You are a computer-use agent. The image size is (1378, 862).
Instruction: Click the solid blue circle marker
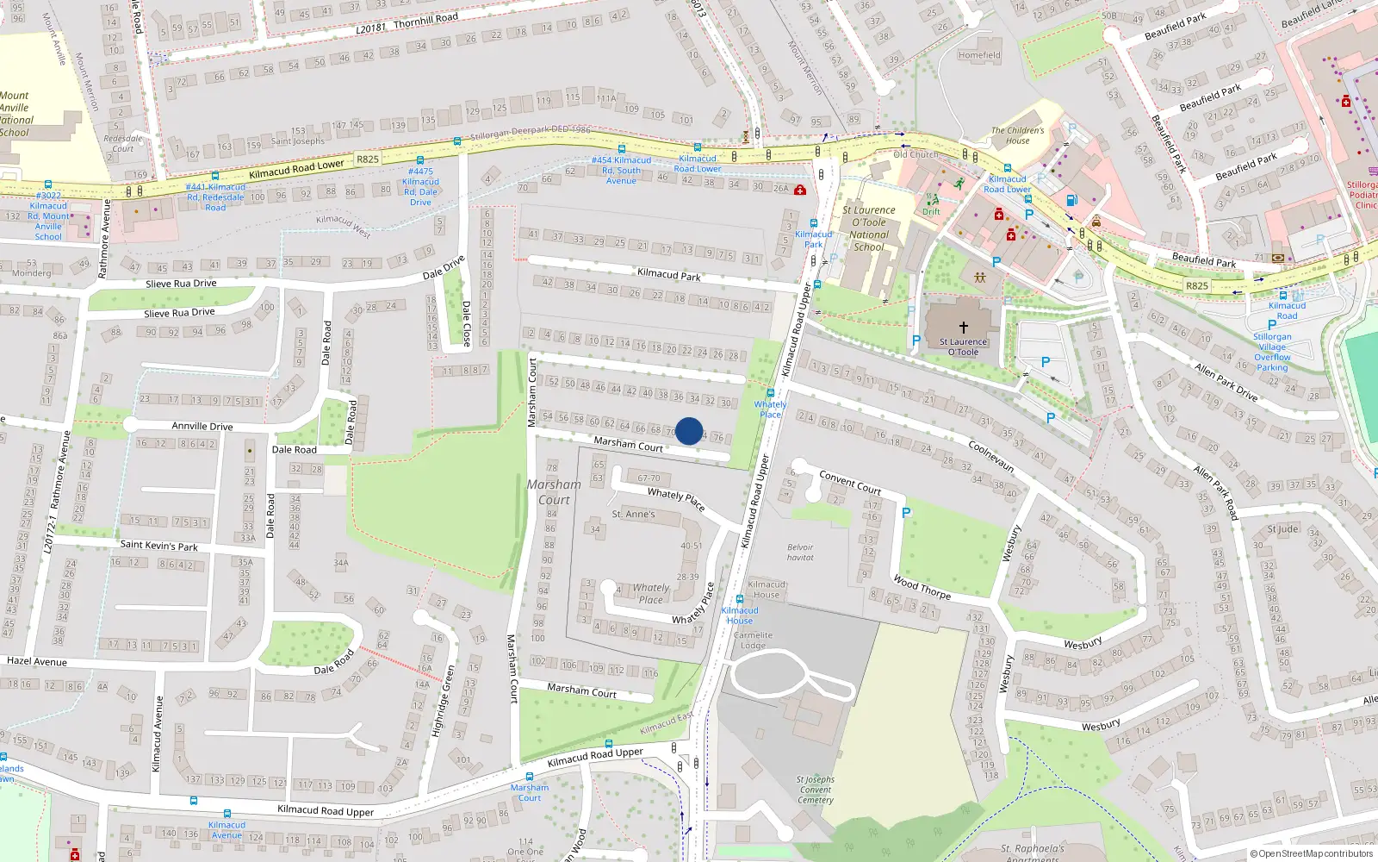688,431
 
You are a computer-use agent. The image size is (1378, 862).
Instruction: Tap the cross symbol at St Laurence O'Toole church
963,328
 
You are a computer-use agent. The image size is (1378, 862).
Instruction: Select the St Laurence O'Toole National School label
868,228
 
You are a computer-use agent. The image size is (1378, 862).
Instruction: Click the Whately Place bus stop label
770,409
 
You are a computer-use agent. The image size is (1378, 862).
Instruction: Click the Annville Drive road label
202,426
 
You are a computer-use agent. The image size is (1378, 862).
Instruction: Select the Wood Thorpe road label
922,587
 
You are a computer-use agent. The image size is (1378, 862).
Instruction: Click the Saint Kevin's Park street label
158,546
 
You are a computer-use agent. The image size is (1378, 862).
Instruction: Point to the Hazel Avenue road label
37,662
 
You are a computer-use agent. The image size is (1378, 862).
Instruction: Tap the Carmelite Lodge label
753,640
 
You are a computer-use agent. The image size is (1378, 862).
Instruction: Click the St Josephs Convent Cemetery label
815,790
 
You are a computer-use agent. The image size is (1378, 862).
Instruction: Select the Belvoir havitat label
800,553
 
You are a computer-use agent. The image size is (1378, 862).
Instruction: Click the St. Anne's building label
633,515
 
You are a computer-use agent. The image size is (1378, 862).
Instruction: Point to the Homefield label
979,55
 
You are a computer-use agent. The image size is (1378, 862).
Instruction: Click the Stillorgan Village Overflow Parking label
1272,352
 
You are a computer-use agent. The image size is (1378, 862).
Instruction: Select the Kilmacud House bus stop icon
740,599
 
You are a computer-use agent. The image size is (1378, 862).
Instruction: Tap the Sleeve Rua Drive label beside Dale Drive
181,284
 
